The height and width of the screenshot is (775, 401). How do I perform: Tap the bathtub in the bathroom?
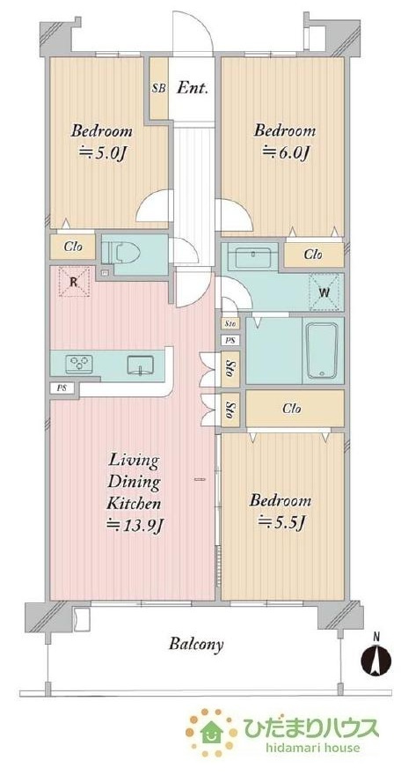[322, 351]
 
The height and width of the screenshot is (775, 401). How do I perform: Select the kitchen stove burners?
[79, 365]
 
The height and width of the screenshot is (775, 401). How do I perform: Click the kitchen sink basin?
[141, 365]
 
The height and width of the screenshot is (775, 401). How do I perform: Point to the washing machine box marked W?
[324, 292]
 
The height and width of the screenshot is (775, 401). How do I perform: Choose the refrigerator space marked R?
[75, 282]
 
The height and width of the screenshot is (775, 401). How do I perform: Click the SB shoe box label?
[158, 88]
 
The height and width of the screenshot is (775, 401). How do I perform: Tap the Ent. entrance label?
[193, 88]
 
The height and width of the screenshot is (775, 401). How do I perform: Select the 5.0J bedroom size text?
[103, 151]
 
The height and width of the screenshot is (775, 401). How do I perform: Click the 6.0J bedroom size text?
[286, 151]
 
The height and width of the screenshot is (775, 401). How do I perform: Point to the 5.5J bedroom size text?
[281, 521]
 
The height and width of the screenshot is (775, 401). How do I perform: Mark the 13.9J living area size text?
[135, 526]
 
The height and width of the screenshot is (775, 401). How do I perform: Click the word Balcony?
[196, 644]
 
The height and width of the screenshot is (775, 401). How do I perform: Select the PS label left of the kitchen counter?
[62, 388]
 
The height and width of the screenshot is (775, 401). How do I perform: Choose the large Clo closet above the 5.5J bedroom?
[295, 409]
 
